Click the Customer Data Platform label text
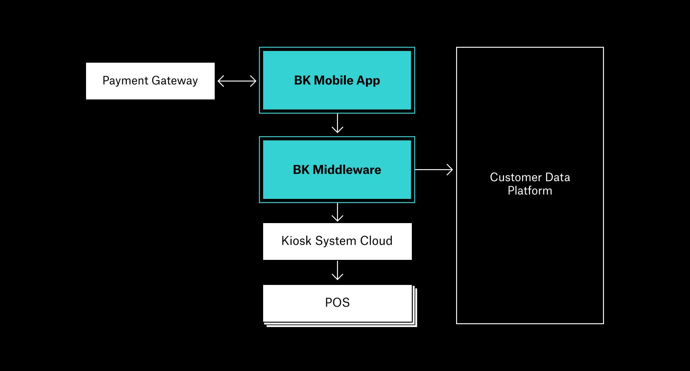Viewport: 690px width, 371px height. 530,184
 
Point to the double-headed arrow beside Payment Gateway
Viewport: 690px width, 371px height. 237,81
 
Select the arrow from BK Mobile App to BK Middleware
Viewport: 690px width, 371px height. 337,123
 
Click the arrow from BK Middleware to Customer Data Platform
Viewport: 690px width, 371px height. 434,170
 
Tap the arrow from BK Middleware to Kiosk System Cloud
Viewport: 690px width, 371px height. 337,212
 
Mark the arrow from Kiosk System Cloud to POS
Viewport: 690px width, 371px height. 337,271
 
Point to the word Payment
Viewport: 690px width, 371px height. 125,81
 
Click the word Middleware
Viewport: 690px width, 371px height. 347,170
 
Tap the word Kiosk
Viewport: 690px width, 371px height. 296,241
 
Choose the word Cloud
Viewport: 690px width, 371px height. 376,241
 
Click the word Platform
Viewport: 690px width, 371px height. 530,191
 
